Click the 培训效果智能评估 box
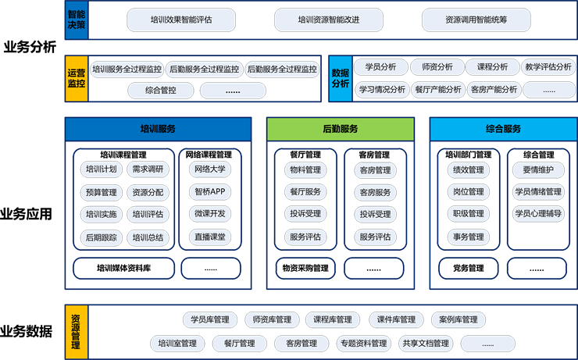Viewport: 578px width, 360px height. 180,20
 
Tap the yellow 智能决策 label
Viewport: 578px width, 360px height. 77,20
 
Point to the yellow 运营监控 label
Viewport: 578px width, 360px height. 76,78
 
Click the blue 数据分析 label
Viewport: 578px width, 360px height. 341,78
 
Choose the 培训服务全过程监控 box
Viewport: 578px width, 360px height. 127,69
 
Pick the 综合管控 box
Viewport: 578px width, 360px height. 161,91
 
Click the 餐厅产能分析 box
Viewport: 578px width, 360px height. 438,89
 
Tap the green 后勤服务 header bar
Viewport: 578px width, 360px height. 340,129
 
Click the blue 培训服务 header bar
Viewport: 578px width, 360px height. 158,129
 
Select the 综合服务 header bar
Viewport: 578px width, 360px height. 503,129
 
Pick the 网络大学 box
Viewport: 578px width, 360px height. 210,169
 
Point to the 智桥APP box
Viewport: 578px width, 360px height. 210,191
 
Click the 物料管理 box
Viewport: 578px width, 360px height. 304,170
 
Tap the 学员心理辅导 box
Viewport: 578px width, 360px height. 537,213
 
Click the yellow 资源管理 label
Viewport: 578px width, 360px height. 76,333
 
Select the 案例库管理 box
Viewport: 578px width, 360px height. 458,319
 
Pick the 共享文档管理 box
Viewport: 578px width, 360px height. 426,344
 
